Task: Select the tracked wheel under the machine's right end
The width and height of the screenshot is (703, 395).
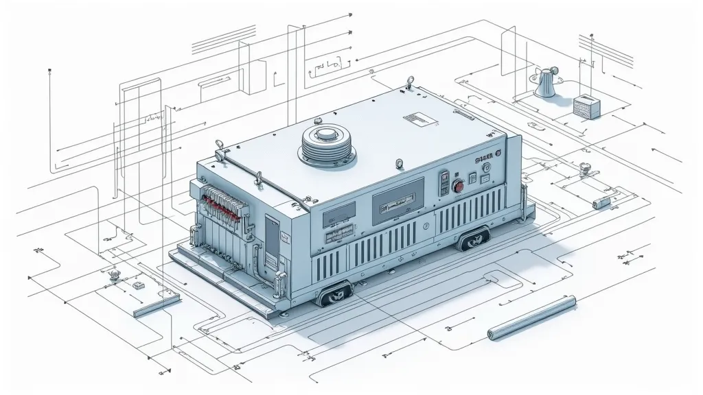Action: pos(474,237)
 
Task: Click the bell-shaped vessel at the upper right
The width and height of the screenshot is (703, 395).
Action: pos(546,84)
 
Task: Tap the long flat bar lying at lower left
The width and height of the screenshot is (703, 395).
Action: pos(157,304)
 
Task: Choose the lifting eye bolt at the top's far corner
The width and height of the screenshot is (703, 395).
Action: pos(410,82)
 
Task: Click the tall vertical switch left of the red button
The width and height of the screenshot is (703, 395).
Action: pos(443,182)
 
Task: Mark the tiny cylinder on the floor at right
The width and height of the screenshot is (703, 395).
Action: pos(601,202)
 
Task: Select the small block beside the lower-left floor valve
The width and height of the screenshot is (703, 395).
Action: pos(136,284)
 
